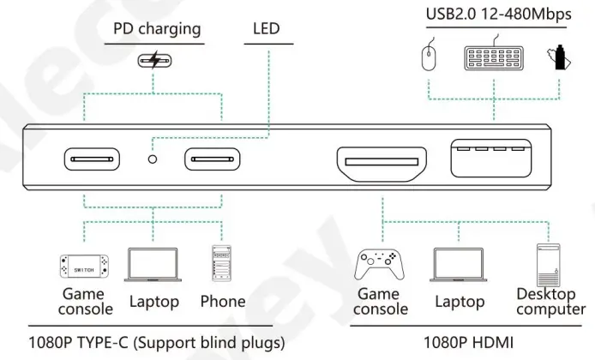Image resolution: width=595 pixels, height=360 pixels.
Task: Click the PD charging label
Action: (157, 29)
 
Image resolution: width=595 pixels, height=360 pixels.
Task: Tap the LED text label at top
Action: (267, 29)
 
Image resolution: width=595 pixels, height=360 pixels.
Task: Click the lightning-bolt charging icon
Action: (154, 61)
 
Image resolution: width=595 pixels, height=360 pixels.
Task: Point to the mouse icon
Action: (430, 57)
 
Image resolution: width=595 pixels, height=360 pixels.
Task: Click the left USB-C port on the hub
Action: (93, 159)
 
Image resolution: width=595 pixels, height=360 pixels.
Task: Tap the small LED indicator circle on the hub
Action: (153, 159)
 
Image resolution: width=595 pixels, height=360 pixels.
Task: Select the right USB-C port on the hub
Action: (214, 159)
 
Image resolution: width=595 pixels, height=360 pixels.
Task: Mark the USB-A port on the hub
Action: (490, 159)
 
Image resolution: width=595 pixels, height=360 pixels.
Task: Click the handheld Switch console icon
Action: (83, 267)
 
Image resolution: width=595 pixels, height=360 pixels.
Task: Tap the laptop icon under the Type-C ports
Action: (153, 265)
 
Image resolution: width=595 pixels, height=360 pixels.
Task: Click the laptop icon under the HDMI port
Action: (459, 265)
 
